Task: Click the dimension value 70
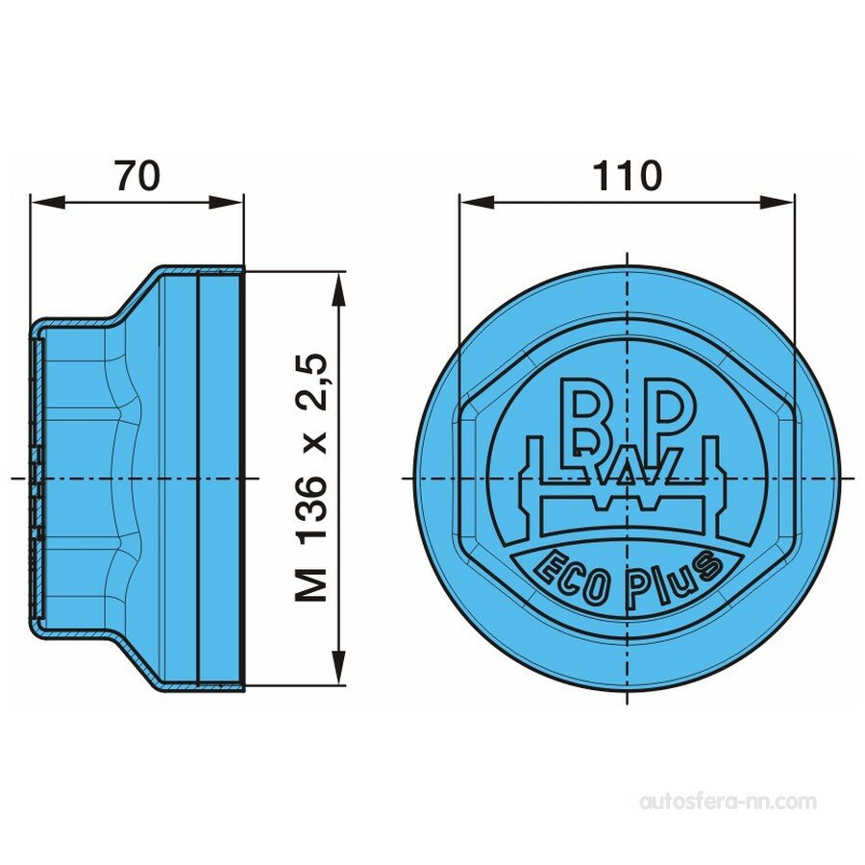click(137, 176)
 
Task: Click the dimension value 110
click(627, 176)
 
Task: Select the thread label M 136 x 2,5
click(313, 478)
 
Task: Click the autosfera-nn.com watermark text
click(728, 801)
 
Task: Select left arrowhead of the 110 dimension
click(471, 201)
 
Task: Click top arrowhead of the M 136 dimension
click(338, 281)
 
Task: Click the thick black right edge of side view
click(242, 478)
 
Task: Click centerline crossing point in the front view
click(627, 478)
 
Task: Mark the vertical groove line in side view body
click(197, 478)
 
